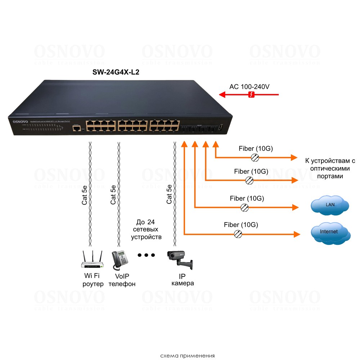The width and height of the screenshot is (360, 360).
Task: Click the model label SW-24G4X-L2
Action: tap(116, 72)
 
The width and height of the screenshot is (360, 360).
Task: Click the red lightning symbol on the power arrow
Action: tap(252, 95)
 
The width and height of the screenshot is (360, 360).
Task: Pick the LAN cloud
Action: tap(330, 205)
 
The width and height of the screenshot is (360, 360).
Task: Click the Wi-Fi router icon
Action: tap(92, 261)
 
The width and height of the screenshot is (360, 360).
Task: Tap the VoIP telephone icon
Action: tap(120, 260)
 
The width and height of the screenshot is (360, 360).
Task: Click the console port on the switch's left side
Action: tap(76, 129)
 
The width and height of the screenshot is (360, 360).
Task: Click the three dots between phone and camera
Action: tap(146, 255)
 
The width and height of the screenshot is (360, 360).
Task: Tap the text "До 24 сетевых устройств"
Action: tap(147, 229)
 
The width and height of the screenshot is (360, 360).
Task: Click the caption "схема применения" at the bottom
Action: tap(188, 356)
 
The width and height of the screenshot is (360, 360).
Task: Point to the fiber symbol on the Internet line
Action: tap(238, 234)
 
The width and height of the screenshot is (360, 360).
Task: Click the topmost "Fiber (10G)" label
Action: tap(256, 148)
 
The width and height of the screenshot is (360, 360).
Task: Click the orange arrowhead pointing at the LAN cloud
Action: tap(296, 207)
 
